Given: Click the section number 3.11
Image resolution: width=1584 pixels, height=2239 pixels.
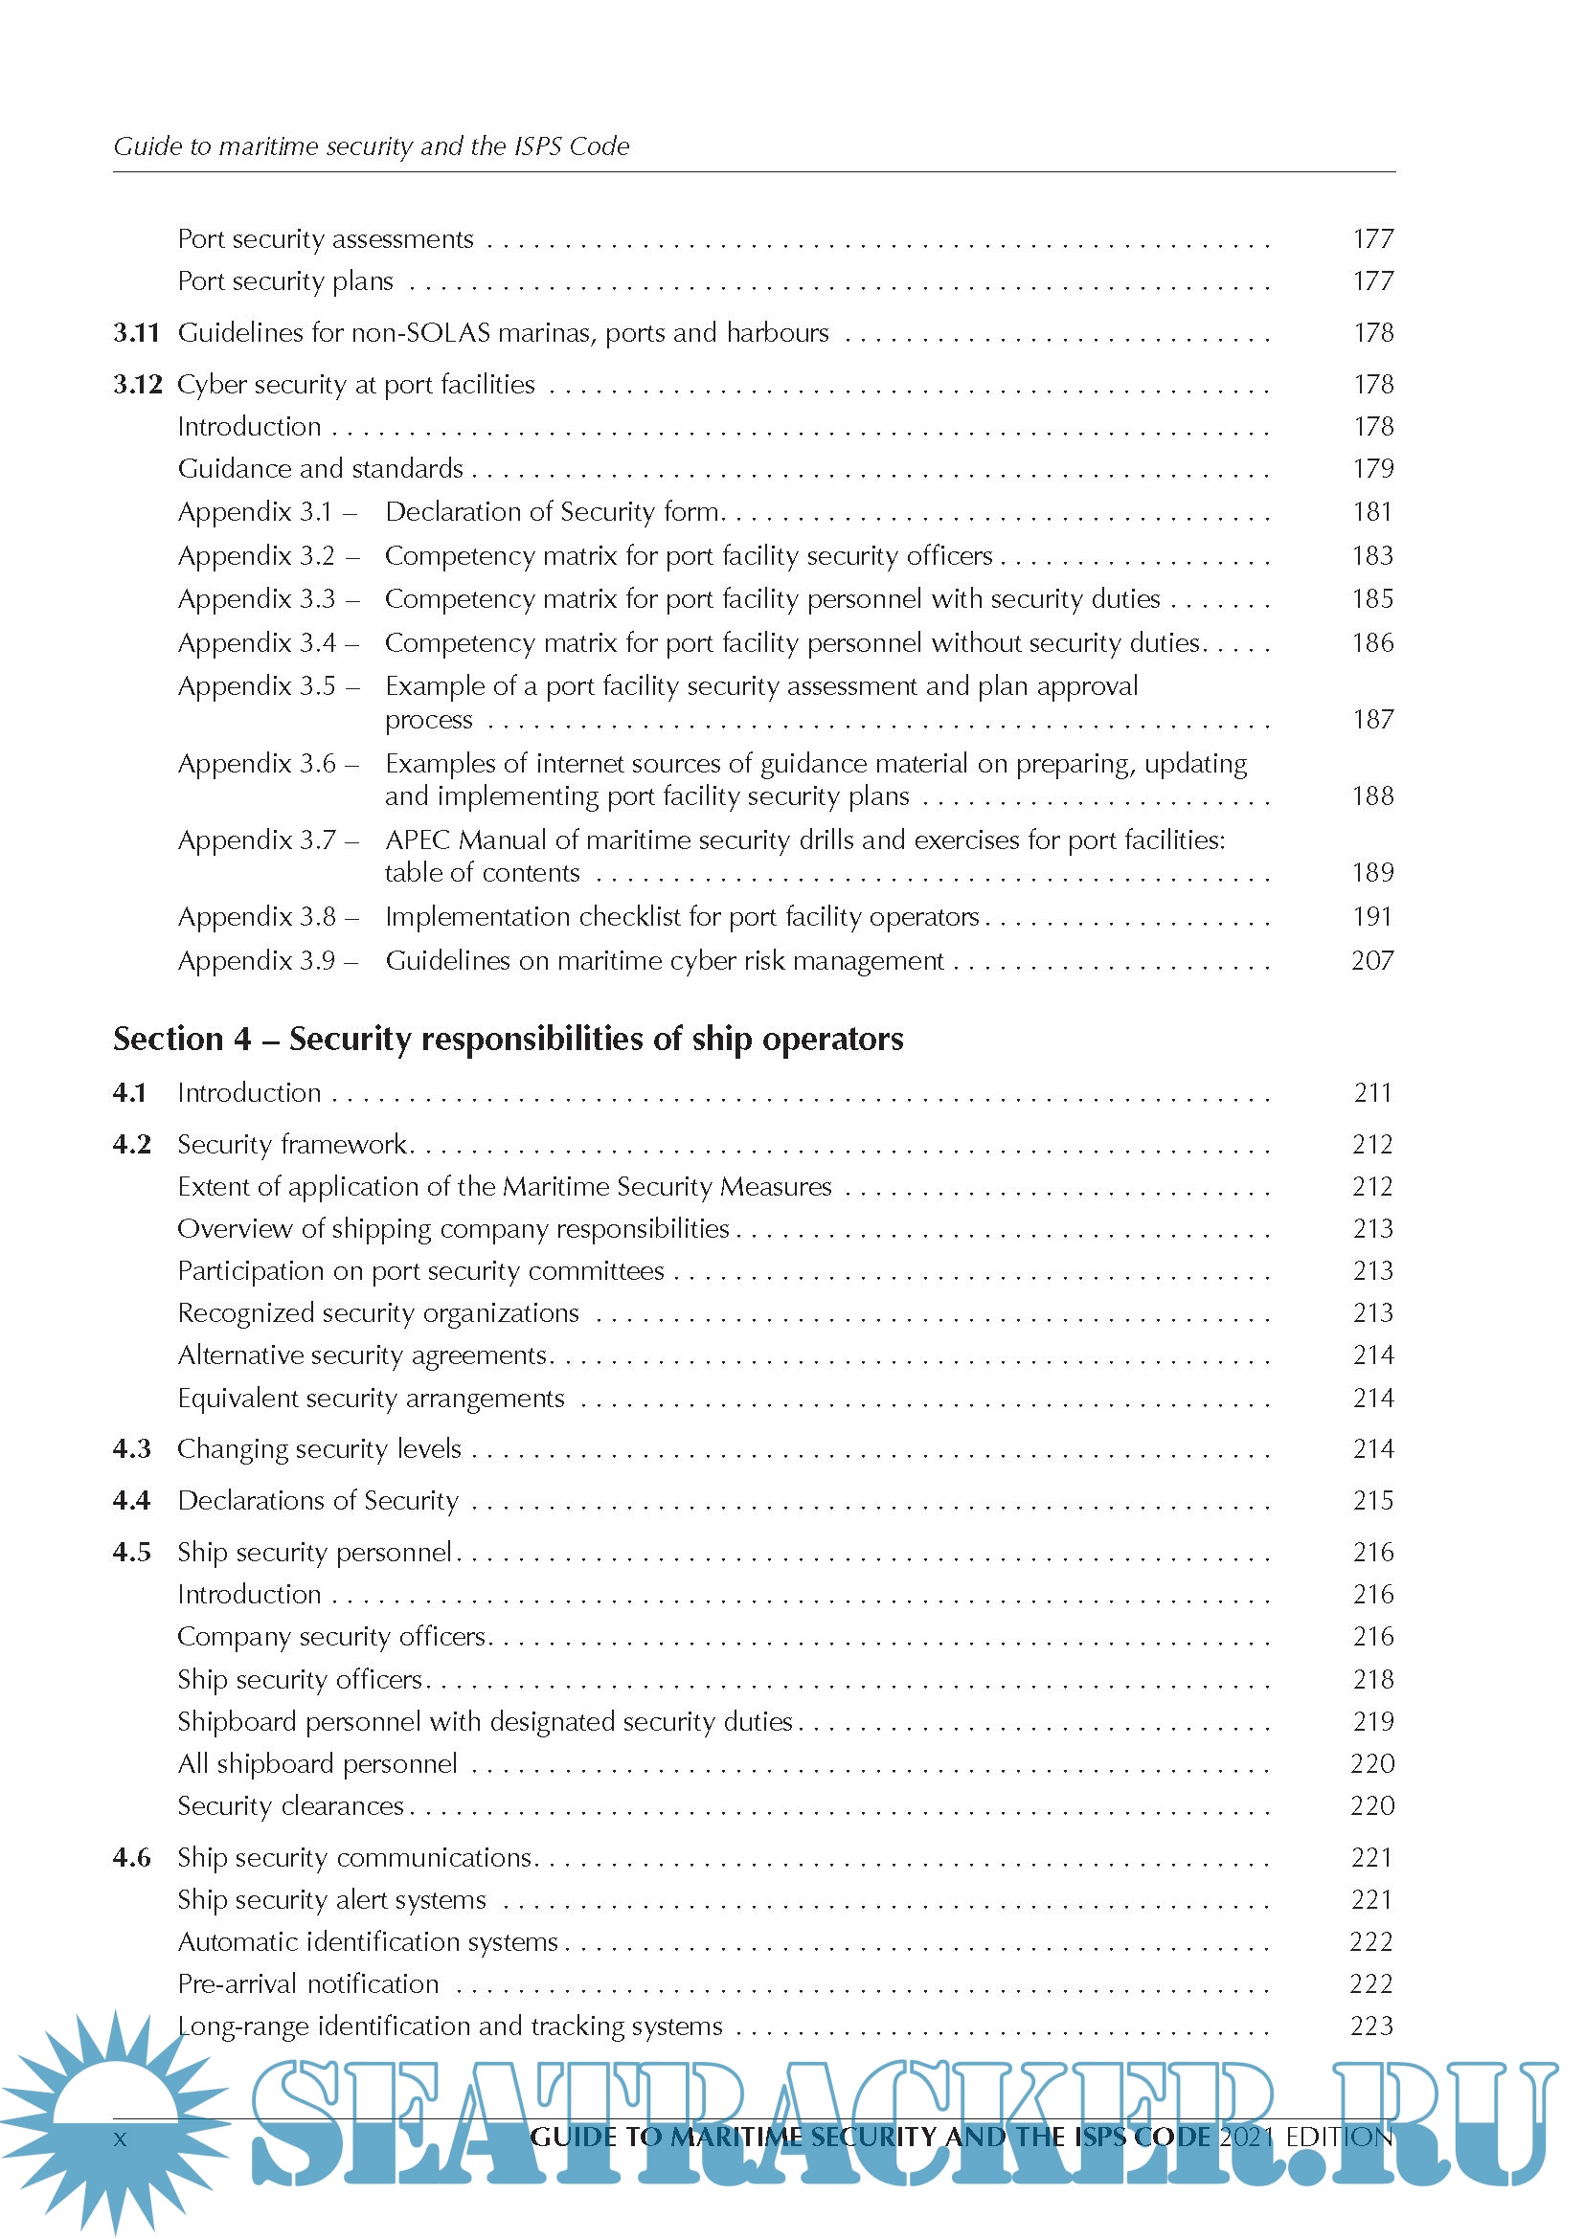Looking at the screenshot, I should coord(136,333).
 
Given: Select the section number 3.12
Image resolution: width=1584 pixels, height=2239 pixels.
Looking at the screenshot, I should coord(137,385).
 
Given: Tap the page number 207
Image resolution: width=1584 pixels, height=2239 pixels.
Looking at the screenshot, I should coord(1371,961).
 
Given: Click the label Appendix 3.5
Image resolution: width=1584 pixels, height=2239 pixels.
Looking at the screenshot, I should coord(257,686).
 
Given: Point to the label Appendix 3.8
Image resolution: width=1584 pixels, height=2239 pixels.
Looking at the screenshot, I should coord(257,917).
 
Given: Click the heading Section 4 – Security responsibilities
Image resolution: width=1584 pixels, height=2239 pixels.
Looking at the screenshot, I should coord(508,1040).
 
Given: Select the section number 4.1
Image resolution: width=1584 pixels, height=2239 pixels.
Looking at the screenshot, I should coord(129,1093).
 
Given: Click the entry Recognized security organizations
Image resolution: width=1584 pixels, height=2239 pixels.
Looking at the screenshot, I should coord(377,1313).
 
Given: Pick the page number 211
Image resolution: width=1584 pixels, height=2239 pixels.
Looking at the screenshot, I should coord(1372,1093).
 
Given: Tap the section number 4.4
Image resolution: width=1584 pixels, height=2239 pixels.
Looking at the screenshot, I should coord(131,1501).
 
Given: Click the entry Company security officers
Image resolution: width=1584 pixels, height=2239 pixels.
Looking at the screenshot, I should coord(331,1636).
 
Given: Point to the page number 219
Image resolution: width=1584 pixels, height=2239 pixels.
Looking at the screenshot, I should coord(1372,1721).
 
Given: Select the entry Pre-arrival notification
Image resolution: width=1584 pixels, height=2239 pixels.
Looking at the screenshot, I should coord(308,1983).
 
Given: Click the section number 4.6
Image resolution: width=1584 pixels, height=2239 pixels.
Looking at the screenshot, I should coord(131,1858).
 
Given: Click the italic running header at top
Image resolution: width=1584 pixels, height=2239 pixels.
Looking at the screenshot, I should coord(372,146).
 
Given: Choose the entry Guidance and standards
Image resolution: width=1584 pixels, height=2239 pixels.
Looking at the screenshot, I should coord(320,469).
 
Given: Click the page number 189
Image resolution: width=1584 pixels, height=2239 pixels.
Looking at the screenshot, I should coord(1372,873).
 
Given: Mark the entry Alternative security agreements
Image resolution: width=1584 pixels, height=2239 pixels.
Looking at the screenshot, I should coord(362,1355).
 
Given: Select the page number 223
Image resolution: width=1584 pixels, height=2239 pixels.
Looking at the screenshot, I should coord(1371,2026).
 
